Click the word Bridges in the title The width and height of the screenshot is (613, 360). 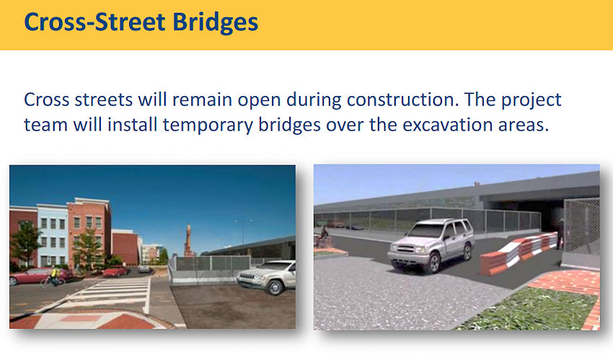point(215,22)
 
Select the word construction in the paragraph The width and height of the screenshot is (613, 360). point(402,100)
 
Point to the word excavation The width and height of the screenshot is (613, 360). point(448,125)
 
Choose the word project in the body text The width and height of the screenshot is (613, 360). point(532,100)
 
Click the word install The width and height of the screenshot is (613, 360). point(132,124)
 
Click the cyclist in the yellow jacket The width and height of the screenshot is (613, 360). point(53,276)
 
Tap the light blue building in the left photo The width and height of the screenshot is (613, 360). point(52,234)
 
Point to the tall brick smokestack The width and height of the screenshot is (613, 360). point(188,240)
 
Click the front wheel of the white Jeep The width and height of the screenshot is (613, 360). point(275,287)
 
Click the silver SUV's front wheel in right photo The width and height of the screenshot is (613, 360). point(434,263)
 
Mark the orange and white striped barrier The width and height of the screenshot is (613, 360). point(518,253)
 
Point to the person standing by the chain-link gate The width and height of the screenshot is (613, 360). point(561,234)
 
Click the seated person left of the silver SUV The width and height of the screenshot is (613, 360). point(322,237)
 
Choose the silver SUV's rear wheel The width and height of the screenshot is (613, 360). point(467,251)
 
